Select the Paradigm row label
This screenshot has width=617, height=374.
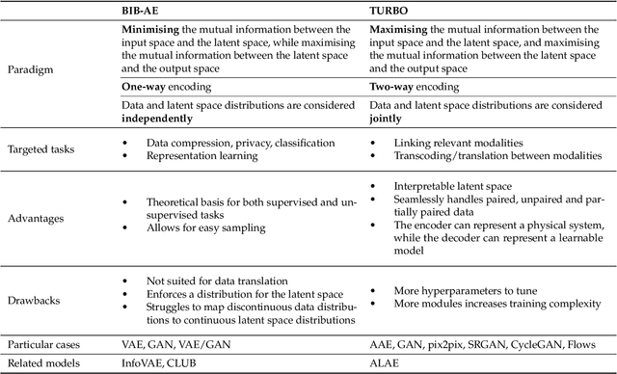click(31, 70)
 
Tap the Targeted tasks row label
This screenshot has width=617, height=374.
click(42, 148)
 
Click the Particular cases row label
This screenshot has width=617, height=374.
click(45, 343)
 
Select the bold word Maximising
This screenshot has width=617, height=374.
click(401, 29)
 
